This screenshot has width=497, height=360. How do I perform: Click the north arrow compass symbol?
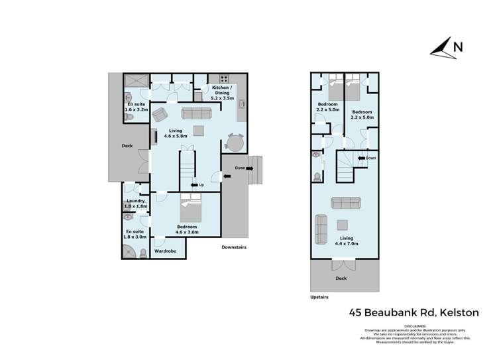(x=442, y=48)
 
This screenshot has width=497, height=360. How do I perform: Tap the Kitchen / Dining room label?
(x=224, y=93)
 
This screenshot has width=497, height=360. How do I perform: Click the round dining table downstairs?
(x=235, y=143)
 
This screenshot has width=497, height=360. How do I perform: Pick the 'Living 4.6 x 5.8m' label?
(x=176, y=133)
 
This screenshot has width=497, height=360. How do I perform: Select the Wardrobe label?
(x=165, y=251)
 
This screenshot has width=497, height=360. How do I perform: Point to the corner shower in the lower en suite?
(x=129, y=251)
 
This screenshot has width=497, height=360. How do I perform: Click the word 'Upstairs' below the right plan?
(x=319, y=298)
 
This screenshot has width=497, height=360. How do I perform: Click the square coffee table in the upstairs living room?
(x=343, y=224)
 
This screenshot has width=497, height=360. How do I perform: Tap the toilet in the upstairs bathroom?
(x=317, y=177)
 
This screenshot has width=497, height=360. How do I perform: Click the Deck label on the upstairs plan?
(x=341, y=278)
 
